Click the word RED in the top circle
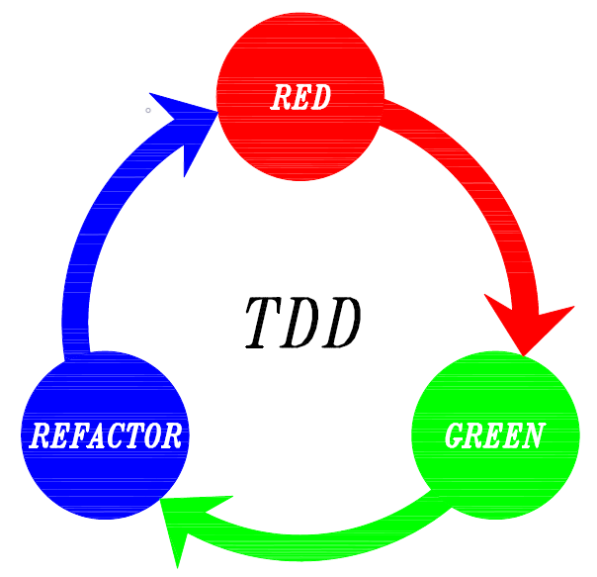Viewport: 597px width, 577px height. pyautogui.click(x=299, y=97)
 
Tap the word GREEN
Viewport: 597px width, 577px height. pyautogui.click(x=494, y=435)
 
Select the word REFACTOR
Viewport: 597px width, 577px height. pyautogui.click(x=106, y=435)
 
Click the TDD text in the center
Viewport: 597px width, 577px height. pyautogui.click(x=302, y=323)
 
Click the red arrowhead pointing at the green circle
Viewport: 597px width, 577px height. pyautogui.click(x=529, y=327)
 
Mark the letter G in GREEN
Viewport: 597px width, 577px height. pyautogui.click(x=457, y=435)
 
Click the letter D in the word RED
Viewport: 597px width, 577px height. pyautogui.click(x=319, y=97)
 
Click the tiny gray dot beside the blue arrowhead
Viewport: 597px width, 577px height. pyautogui.click(x=148, y=110)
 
